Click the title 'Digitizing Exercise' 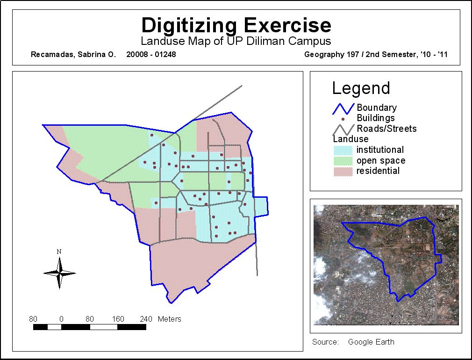click(236, 24)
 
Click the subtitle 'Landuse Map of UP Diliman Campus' click(236, 41)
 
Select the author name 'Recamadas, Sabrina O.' click(72, 54)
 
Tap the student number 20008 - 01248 click(151, 54)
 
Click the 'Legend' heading click(361, 88)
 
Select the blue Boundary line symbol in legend click(343, 108)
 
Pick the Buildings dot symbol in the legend click(343, 119)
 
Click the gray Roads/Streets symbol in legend click(343, 129)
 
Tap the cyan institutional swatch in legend click(343, 150)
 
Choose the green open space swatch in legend click(343, 161)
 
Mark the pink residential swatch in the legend click(343, 171)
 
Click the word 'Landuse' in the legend click(350, 139)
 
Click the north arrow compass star click(59, 273)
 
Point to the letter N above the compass click(59, 252)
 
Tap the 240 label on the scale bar click(146, 319)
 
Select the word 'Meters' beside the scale click(169, 319)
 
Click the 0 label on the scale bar click(61, 319)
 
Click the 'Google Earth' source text click(371, 342)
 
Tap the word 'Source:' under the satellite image click(325, 342)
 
